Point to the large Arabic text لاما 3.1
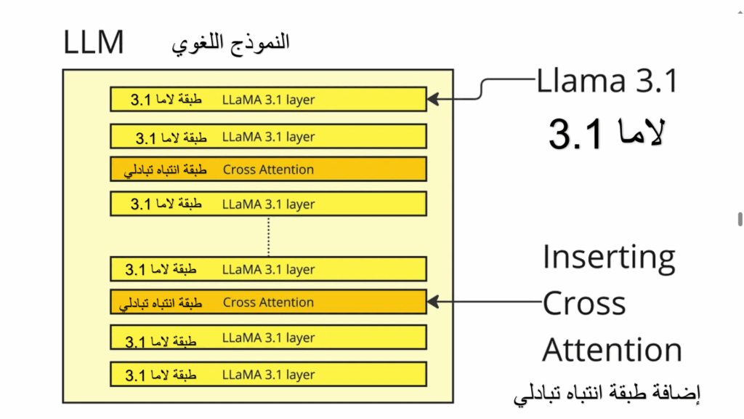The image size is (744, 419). click(x=606, y=133)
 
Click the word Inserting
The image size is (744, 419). click(x=609, y=257)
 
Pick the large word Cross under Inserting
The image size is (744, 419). click(x=584, y=303)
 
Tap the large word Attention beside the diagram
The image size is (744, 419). click(x=612, y=350)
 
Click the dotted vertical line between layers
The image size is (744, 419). click(x=268, y=236)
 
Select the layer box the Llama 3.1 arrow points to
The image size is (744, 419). click(x=268, y=99)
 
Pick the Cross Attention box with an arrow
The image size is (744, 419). click(x=268, y=302)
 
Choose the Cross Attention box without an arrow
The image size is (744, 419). click(x=268, y=169)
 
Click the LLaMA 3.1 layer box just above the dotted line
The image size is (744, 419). click(x=268, y=204)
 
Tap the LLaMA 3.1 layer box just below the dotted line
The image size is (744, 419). click(x=268, y=269)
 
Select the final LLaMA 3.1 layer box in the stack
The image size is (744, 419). click(x=268, y=375)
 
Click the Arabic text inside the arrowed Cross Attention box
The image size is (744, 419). click(x=161, y=303)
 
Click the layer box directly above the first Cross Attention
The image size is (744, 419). click(x=268, y=136)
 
